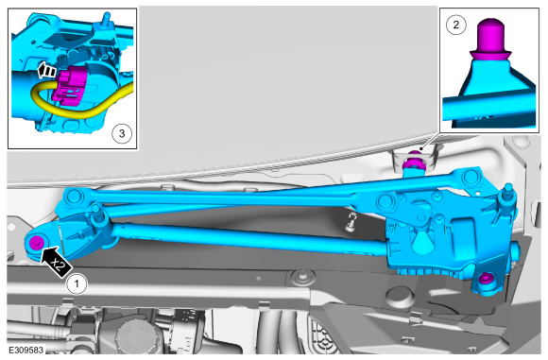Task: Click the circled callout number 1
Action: (77, 284)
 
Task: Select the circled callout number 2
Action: (456, 26)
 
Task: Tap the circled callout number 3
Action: (122, 133)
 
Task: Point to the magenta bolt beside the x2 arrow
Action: (36, 242)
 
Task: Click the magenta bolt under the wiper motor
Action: (485, 278)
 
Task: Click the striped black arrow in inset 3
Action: (46, 70)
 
